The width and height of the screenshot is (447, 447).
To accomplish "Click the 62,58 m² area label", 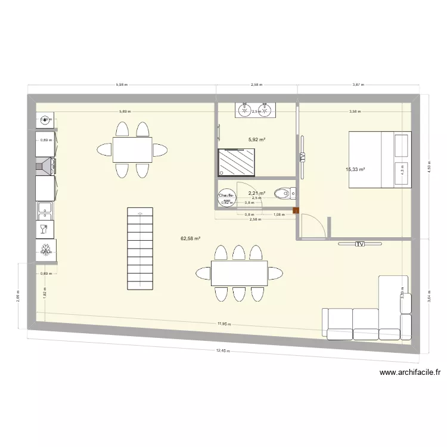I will tap(190, 238).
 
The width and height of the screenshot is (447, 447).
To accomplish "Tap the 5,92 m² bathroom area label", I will tap(257, 140).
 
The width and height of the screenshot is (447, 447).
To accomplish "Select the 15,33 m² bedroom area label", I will tap(355, 170).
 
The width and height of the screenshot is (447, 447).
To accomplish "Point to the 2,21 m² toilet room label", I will tap(257, 193).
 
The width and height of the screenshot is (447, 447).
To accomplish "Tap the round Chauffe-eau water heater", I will tap(226, 198).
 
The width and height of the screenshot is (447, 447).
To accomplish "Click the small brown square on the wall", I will tap(296, 210).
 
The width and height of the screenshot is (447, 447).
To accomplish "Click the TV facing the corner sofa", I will tap(360, 244).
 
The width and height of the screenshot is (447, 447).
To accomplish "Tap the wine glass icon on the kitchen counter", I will tap(44, 229).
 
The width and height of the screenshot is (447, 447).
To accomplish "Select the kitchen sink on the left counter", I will tap(44, 209).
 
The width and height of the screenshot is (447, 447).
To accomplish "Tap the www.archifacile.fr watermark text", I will tap(410, 374).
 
